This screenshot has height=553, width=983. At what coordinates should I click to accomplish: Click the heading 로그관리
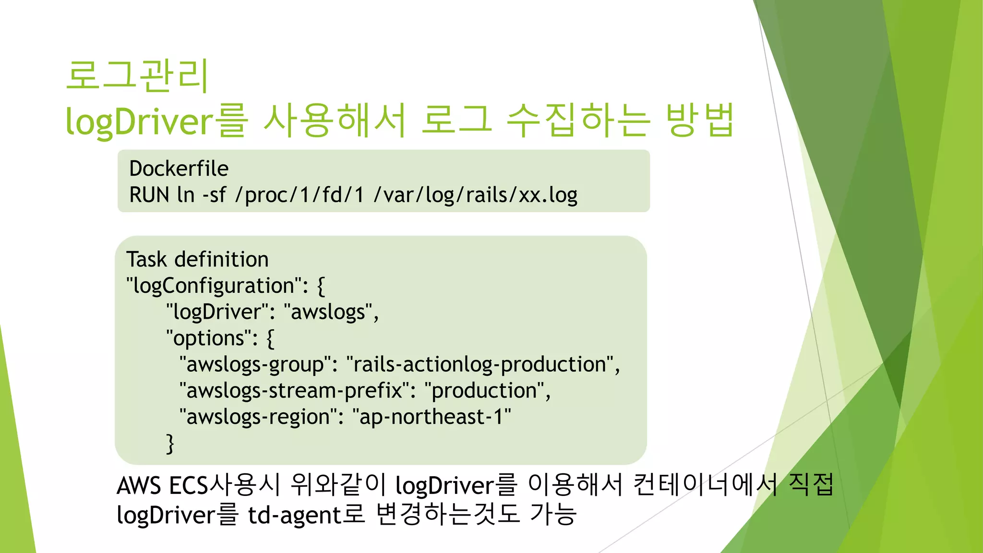(x=137, y=76)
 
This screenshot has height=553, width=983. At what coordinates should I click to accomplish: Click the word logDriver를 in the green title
(x=156, y=120)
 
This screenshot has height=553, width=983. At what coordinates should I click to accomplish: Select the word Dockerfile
(x=179, y=169)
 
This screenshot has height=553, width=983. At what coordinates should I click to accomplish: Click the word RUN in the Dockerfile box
(x=149, y=195)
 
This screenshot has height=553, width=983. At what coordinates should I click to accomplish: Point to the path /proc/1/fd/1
(x=299, y=195)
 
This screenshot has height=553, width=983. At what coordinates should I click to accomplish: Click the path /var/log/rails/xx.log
(x=475, y=195)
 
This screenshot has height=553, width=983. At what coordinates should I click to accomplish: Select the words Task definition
(x=197, y=259)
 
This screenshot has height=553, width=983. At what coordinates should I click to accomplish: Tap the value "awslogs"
(x=331, y=312)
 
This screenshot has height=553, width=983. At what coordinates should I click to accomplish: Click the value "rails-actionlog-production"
(x=482, y=365)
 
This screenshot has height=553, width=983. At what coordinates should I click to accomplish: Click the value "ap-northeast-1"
(x=432, y=417)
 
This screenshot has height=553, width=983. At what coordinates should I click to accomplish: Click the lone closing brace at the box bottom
(x=170, y=444)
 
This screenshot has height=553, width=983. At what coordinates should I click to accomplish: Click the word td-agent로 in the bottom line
(x=306, y=515)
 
